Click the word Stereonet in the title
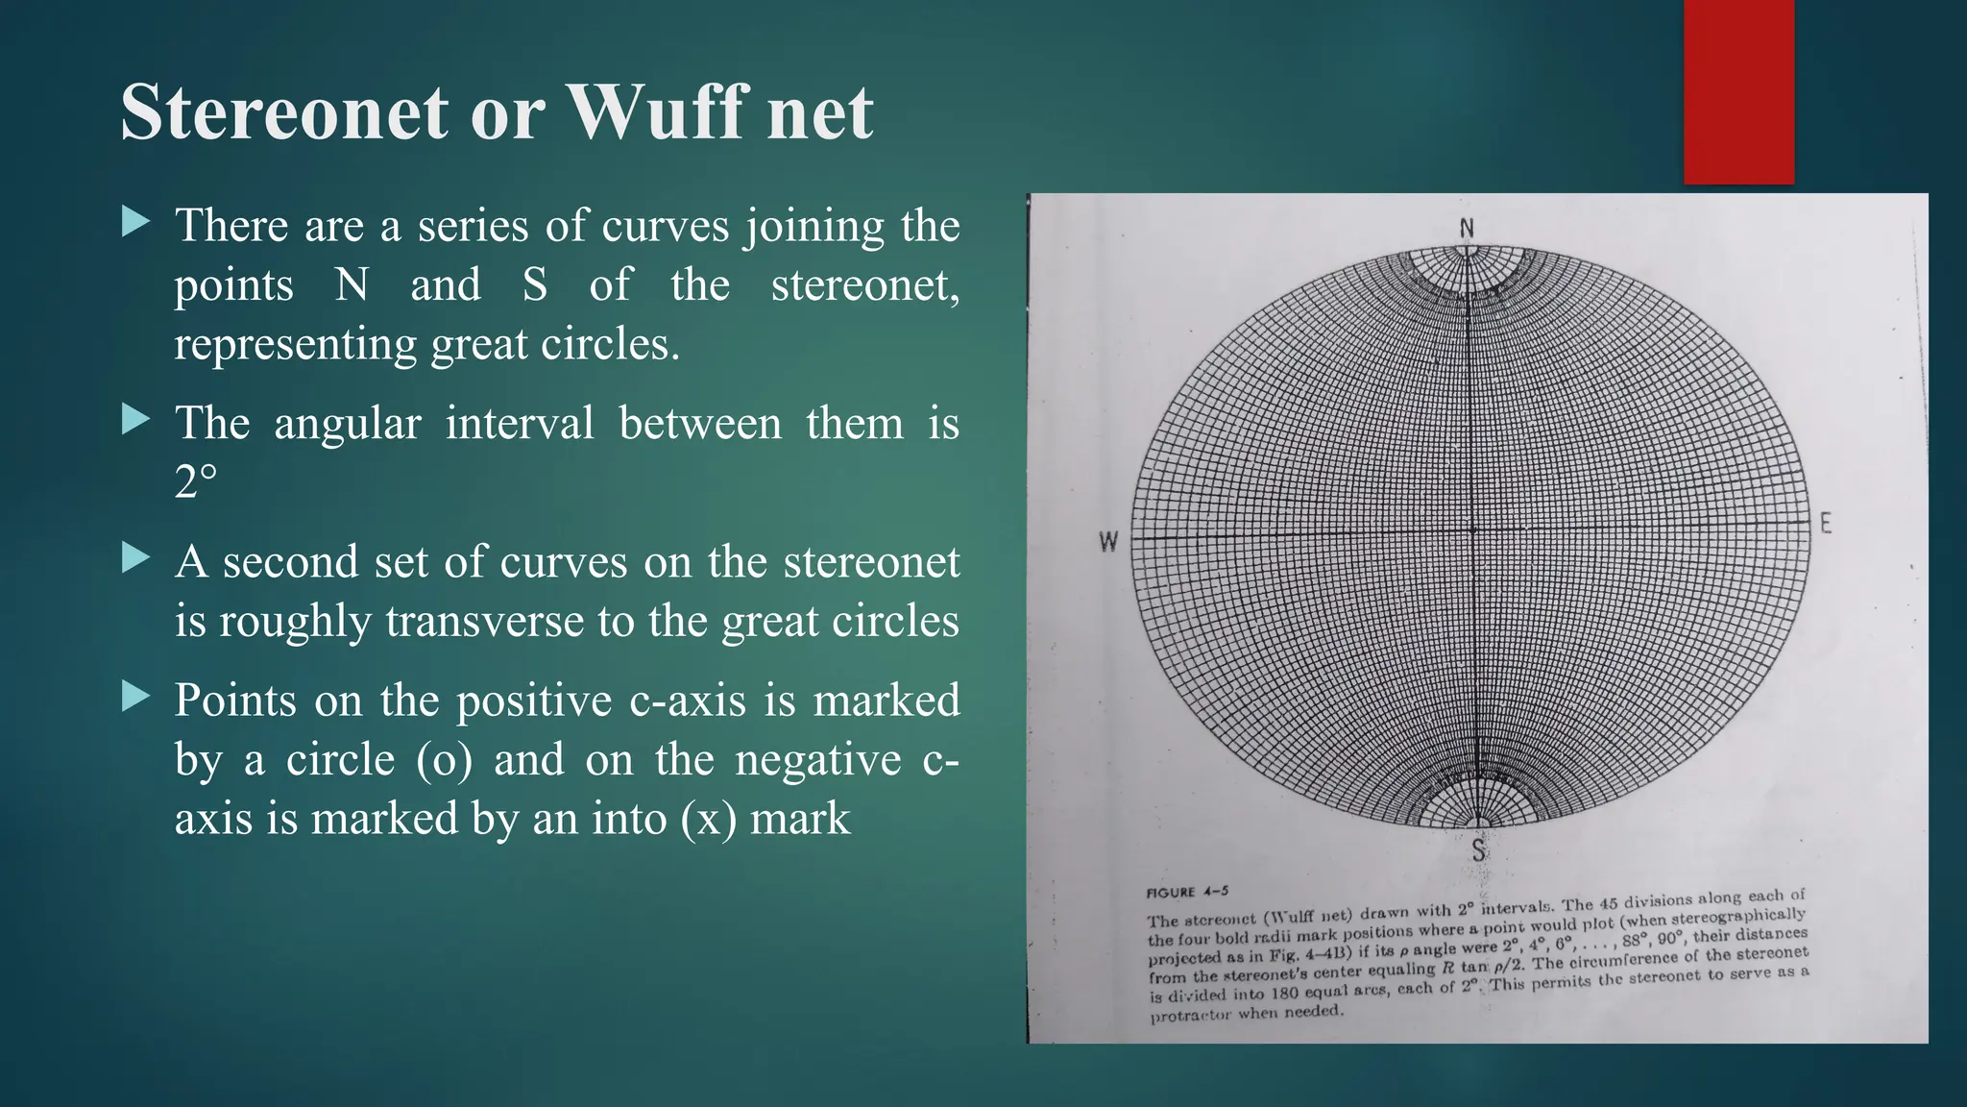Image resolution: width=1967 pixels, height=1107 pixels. [x=284, y=112]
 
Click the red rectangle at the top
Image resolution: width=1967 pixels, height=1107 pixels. [x=1738, y=91]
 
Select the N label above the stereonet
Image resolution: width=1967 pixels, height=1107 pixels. [x=1467, y=228]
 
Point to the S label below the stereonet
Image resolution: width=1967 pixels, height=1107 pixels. [x=1478, y=849]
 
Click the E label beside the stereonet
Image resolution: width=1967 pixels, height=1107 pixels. [x=1826, y=525]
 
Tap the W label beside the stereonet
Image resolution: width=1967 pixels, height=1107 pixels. [x=1108, y=542]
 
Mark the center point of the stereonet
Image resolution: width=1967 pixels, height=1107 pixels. [x=1472, y=529]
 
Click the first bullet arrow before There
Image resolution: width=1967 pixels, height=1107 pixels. [x=136, y=224]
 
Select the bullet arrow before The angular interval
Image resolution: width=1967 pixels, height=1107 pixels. [x=136, y=420]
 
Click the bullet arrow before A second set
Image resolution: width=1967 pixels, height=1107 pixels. [x=136, y=558]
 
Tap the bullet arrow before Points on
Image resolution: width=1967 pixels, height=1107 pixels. [x=136, y=697]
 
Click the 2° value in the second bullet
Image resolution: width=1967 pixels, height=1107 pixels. [x=196, y=482]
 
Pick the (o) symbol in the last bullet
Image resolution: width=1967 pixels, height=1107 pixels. [x=445, y=759]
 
